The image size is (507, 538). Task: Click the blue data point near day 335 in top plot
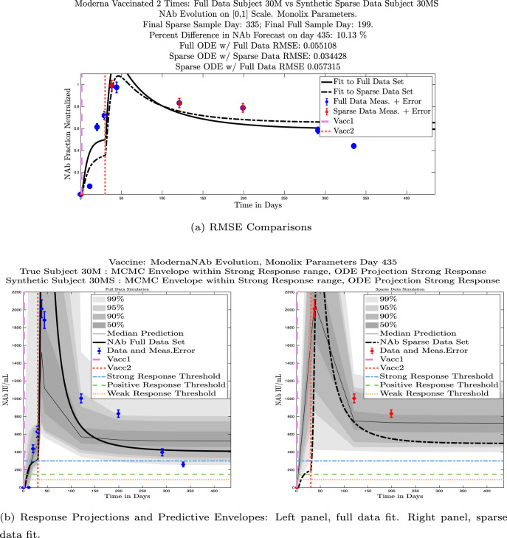353,146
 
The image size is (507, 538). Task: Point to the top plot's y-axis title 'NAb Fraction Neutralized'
64,135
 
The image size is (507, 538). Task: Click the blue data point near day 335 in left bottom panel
183,464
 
